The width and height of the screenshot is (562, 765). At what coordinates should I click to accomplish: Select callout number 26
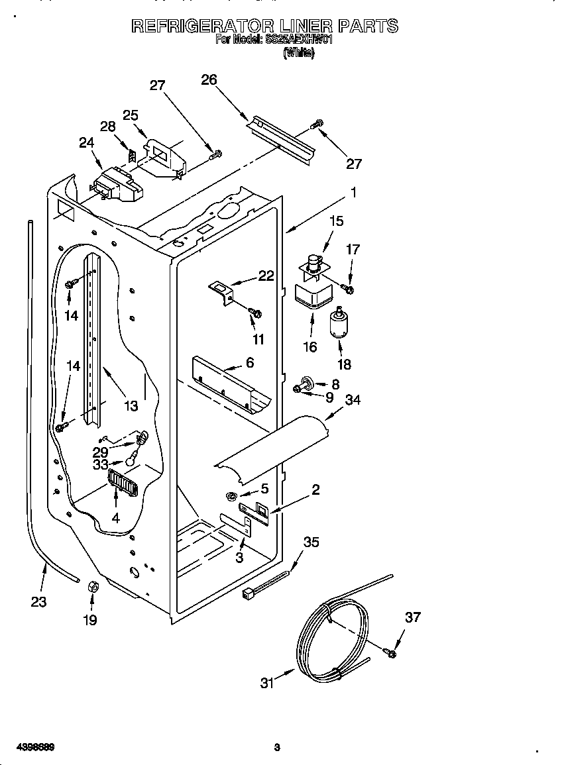[209, 79]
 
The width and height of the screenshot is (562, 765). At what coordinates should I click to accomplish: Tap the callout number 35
[311, 542]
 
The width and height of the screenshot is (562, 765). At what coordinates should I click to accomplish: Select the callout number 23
[38, 602]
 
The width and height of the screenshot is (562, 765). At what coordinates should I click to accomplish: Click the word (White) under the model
[298, 54]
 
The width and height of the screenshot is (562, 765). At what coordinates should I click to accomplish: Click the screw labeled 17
[348, 288]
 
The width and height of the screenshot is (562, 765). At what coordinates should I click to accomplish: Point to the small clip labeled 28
[133, 155]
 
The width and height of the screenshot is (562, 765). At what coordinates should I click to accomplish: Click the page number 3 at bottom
[277, 748]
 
